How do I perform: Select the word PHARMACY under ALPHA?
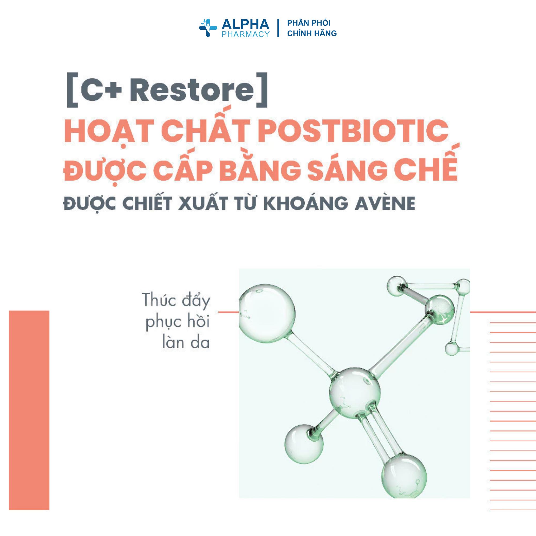click(245, 34)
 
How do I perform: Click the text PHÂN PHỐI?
click(308, 23)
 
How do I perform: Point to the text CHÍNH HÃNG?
click(312, 33)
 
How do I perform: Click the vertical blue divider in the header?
click(278, 28)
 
